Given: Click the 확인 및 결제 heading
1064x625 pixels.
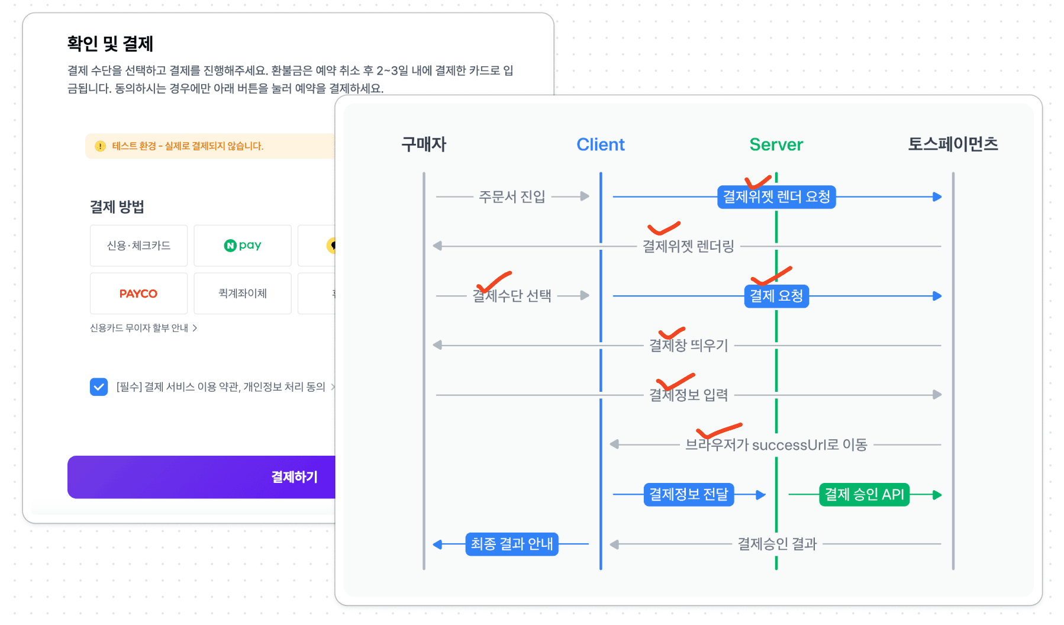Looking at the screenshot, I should (110, 43).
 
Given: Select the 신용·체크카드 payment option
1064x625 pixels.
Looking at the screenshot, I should (138, 246).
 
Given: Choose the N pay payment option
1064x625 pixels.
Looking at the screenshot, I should (243, 246).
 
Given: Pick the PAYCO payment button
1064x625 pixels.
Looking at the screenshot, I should (138, 294).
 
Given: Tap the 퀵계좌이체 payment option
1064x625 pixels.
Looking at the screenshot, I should (243, 294).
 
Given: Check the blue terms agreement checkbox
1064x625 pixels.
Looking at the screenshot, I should (99, 387).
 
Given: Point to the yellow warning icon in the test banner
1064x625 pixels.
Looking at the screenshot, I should (100, 146).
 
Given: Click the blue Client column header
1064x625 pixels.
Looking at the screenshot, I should (600, 144).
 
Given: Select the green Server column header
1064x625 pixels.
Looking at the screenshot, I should (776, 144).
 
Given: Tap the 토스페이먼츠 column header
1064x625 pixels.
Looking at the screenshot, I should (953, 144).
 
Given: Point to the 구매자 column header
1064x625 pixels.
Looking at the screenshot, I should (424, 144).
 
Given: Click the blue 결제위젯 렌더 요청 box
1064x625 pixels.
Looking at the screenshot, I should (776, 196).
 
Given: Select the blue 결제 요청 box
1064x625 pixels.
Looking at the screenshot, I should (776, 296).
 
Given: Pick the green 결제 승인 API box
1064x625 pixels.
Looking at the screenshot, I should (864, 495).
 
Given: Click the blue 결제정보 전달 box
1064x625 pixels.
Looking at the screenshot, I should (688, 495).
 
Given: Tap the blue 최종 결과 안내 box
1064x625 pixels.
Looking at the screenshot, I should (512, 544).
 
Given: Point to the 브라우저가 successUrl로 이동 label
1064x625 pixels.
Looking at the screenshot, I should (776, 444).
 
